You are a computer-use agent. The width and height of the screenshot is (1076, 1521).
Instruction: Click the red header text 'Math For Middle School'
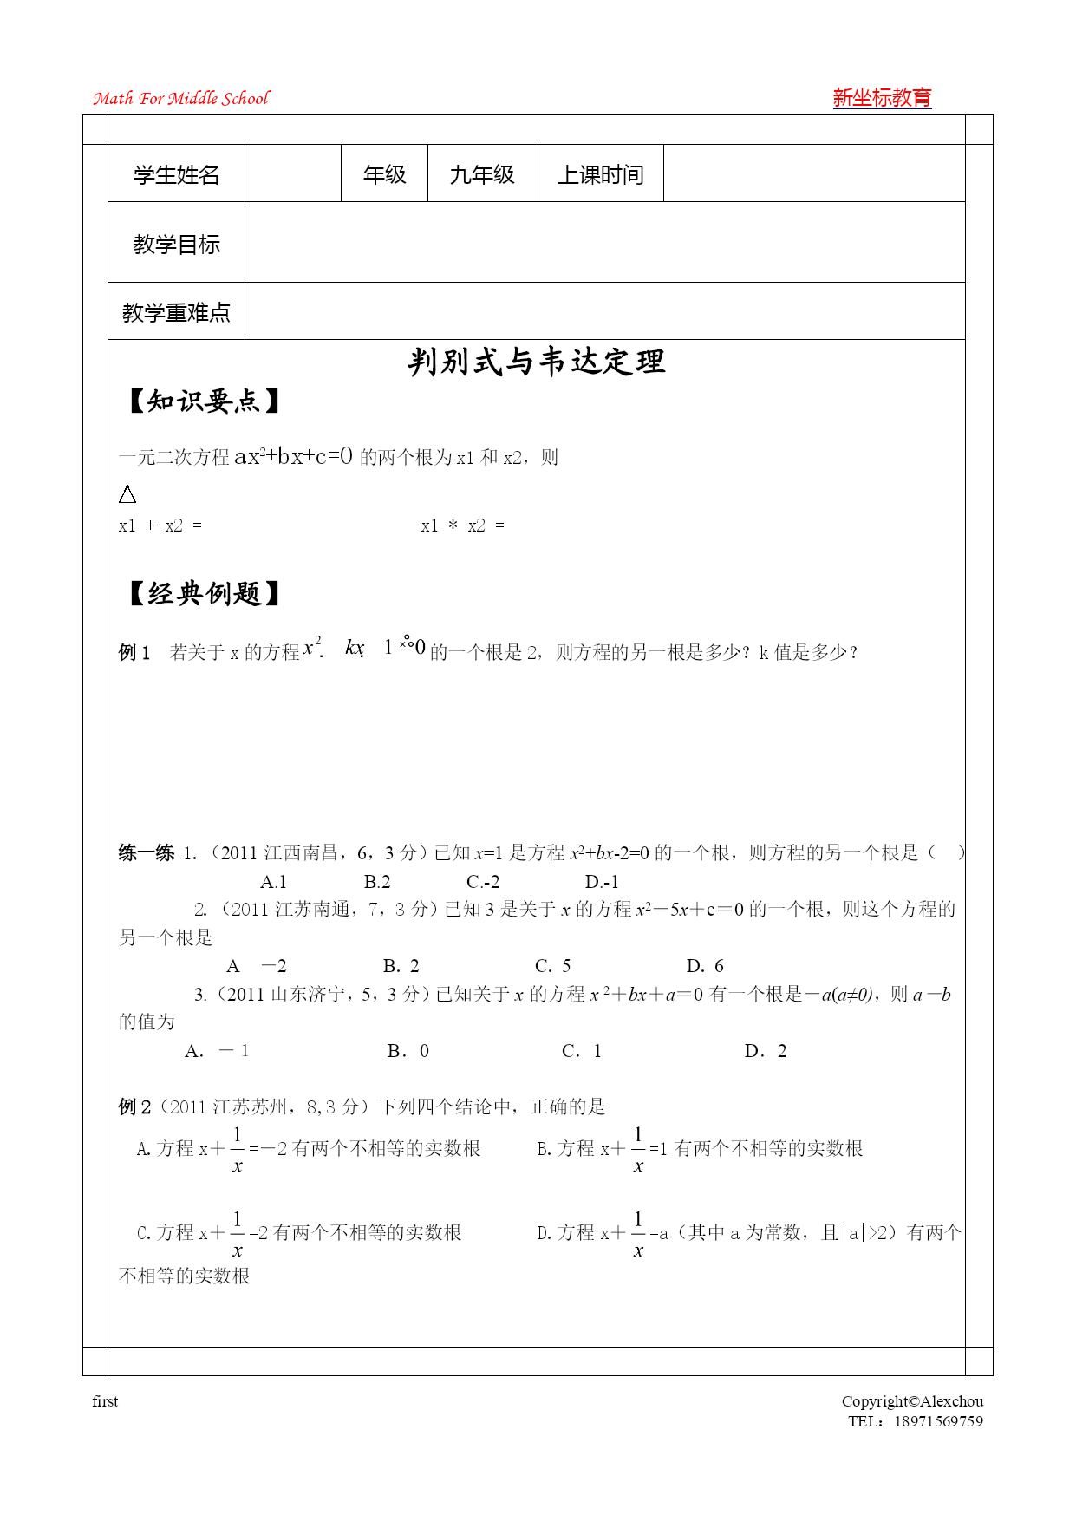181,99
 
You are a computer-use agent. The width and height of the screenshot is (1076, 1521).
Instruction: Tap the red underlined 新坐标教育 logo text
882,98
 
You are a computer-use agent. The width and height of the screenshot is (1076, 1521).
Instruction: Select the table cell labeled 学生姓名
176,175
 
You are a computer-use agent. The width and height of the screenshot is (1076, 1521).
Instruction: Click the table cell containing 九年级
482,175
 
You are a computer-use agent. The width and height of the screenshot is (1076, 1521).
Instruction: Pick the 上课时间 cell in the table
600,175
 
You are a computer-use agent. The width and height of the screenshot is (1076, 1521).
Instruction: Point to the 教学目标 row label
176,245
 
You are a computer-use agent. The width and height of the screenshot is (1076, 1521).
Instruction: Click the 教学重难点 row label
176,312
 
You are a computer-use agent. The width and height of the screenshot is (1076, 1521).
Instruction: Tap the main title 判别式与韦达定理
537,362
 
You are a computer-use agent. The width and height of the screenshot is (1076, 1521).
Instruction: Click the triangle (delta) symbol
127,494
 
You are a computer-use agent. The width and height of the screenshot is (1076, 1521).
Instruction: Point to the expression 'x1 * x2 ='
462,526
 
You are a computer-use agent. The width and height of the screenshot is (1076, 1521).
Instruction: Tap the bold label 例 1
134,652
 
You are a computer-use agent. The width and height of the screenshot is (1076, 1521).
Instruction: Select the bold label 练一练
147,853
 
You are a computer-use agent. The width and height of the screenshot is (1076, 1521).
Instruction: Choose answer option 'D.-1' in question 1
602,882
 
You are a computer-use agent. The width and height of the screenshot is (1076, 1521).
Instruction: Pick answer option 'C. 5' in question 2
552,966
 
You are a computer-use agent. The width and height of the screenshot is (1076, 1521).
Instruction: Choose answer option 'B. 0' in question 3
408,1051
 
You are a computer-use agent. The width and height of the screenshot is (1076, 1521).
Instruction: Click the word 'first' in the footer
105,1401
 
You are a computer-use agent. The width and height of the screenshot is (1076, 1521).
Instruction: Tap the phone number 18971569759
938,1421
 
